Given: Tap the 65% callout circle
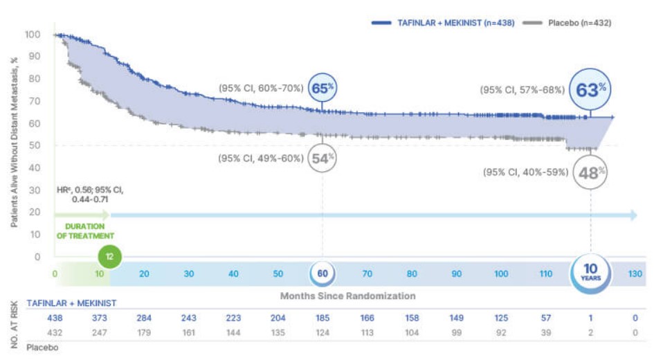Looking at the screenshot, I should (x=323, y=89).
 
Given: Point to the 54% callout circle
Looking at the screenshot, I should (x=323, y=159).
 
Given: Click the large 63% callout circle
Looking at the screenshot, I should (x=590, y=89).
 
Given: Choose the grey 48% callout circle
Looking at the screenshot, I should (x=590, y=172).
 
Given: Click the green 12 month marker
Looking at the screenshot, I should (x=109, y=256).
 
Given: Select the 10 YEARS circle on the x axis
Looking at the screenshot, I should (x=590, y=272).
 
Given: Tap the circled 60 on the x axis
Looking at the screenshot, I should (x=323, y=273).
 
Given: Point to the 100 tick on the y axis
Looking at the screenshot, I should (x=33, y=35).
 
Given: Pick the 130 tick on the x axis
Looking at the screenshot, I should (x=635, y=273).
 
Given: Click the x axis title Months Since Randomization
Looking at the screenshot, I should (x=347, y=296).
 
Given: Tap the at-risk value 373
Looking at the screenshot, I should (x=100, y=318).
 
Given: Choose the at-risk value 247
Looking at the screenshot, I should (x=100, y=332).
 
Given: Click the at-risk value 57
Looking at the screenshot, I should (x=545, y=318).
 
